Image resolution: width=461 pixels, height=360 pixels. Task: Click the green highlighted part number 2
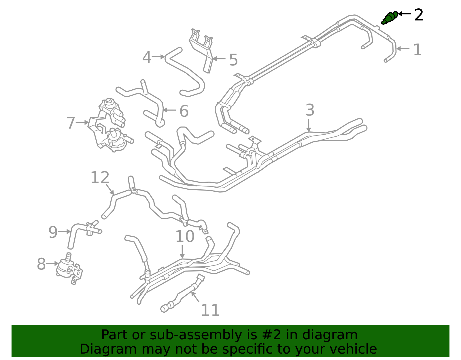tap(390, 18)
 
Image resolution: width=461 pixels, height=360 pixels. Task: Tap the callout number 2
tap(419, 15)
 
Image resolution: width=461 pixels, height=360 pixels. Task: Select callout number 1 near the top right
tap(417, 50)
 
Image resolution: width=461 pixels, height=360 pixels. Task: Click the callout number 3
tap(310, 110)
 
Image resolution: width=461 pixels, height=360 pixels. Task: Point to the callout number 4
tap(147, 58)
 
